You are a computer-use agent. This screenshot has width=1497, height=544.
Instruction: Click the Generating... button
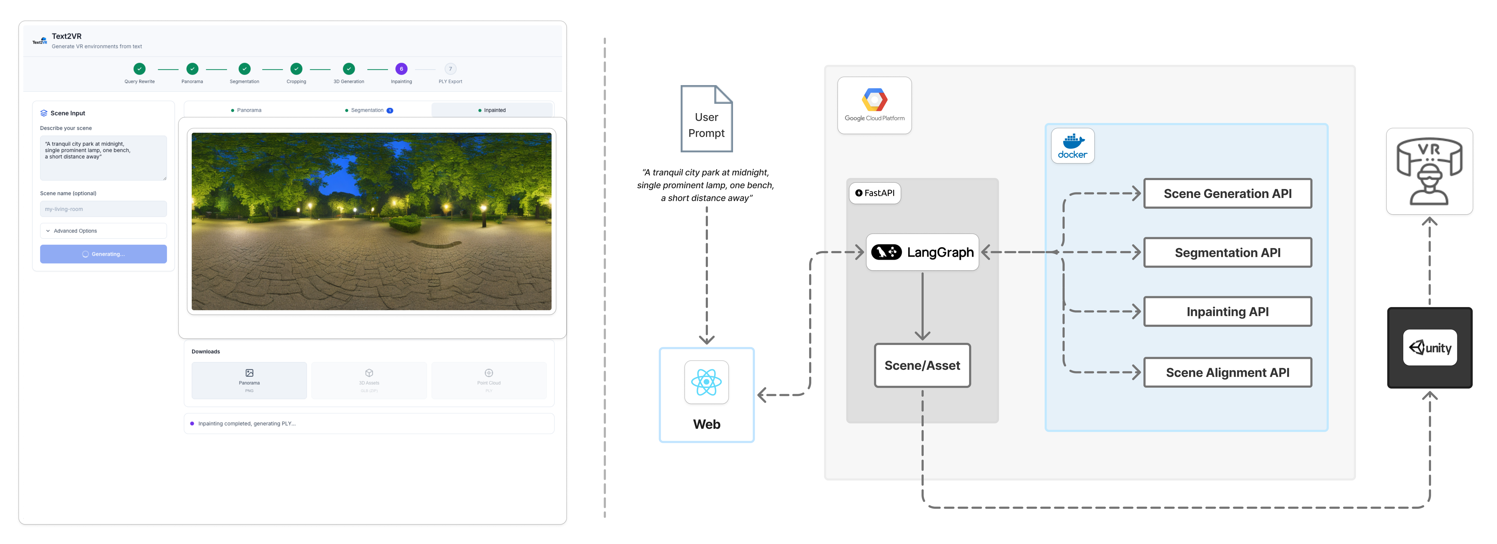(x=103, y=254)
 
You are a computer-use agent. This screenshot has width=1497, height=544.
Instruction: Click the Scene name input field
(x=103, y=209)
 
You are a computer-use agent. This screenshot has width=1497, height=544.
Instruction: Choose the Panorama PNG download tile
(x=249, y=380)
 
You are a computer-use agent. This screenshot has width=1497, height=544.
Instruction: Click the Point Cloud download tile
(x=489, y=380)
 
